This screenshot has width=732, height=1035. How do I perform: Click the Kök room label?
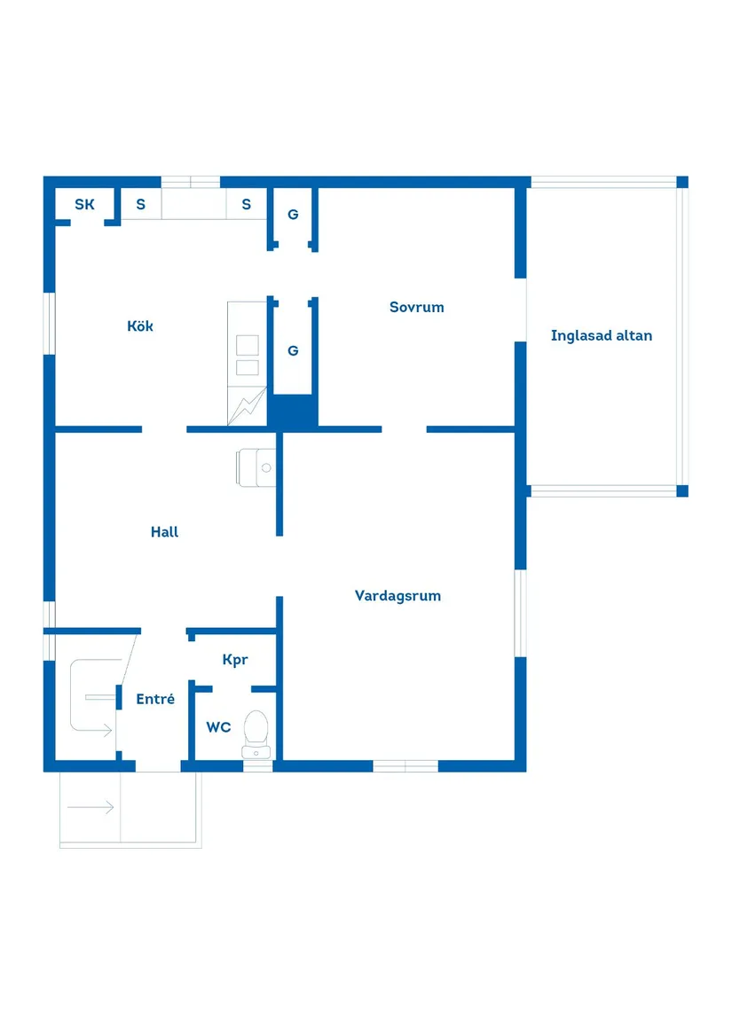tap(140, 326)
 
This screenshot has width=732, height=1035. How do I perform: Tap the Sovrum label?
tap(416, 308)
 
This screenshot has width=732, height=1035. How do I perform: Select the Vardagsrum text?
tap(397, 596)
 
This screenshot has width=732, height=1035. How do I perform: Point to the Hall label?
tap(164, 532)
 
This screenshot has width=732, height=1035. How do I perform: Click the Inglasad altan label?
tap(601, 336)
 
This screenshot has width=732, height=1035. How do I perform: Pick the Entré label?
tap(155, 700)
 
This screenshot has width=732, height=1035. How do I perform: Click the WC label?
tap(218, 728)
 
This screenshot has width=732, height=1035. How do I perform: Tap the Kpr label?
tap(235, 661)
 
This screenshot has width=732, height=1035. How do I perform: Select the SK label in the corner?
tap(84, 205)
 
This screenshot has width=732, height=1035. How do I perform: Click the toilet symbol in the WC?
tap(256, 728)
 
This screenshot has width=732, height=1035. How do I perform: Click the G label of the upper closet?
tap(293, 215)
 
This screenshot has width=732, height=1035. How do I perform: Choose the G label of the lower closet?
tap(293, 351)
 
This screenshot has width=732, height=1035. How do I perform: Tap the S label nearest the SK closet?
tap(140, 205)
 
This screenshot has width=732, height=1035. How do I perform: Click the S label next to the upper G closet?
tap(247, 205)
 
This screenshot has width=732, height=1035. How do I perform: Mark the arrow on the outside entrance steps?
tap(91, 807)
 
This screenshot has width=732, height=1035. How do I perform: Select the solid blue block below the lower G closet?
tap(293, 412)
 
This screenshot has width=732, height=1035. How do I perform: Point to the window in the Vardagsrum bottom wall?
tap(405, 766)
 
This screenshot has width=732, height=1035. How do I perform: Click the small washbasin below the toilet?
tap(257, 753)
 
